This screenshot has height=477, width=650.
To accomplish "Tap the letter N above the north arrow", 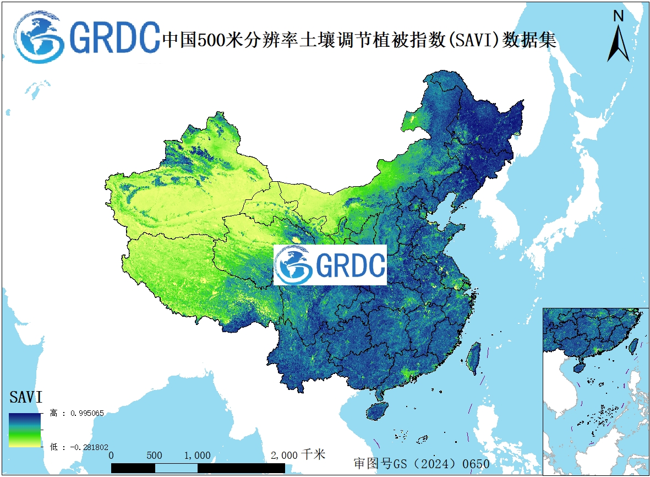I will pos(619,16).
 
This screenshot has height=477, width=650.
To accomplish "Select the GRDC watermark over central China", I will pos(330,265).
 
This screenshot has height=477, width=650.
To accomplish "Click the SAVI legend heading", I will pos(26,397).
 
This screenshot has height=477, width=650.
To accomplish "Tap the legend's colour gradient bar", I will pos(25,430).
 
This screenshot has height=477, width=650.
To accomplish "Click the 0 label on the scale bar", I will pos(111,456).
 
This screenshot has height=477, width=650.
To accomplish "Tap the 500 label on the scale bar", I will pos(155,456).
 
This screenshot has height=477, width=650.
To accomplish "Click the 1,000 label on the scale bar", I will pos(197,456).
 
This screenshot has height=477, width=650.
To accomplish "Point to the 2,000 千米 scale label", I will pos(298,455).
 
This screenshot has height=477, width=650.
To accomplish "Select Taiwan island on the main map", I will pos(473,356).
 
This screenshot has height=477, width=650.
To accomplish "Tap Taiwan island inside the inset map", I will pos(633,345).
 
